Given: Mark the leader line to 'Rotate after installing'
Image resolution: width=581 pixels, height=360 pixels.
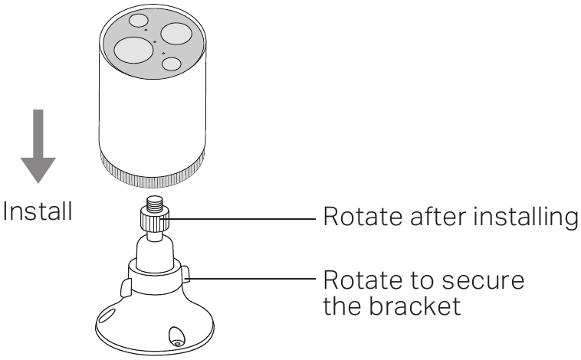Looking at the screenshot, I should click(x=245, y=218).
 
